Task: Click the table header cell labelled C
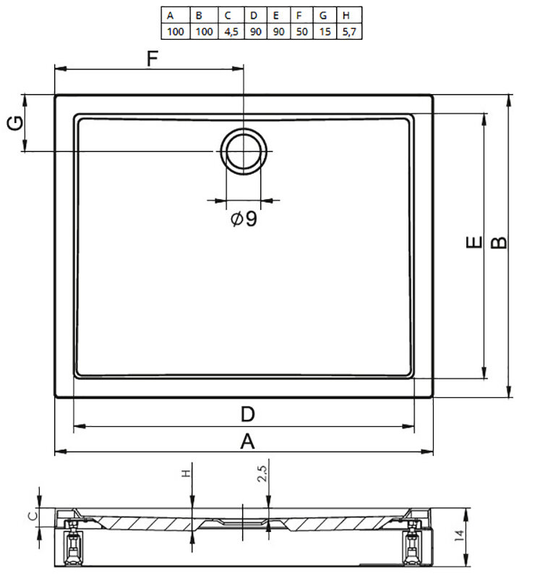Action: [x=231, y=15]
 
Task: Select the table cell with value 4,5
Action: [x=231, y=31]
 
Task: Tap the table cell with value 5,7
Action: [x=349, y=31]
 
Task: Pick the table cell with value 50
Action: [x=301, y=31]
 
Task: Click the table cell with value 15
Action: [x=325, y=31]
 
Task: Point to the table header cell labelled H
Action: [x=349, y=15]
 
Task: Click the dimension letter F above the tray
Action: [x=153, y=58]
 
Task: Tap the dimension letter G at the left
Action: [x=15, y=123]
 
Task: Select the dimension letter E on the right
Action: [x=474, y=242]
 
